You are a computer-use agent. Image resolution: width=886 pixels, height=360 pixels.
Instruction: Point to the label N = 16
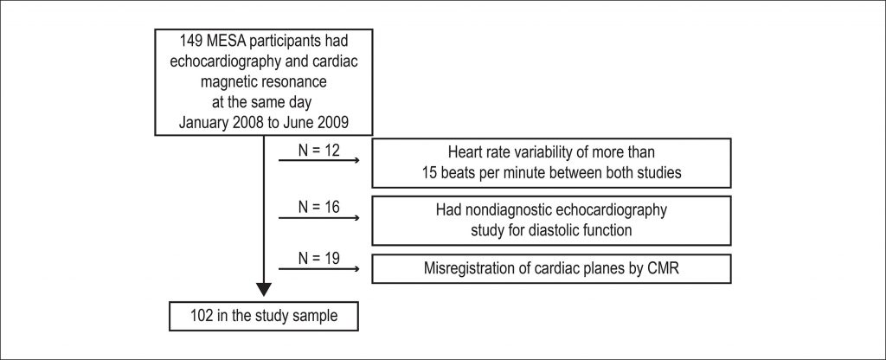click(x=319, y=208)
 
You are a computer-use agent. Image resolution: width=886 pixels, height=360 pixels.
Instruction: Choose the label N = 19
click(x=319, y=258)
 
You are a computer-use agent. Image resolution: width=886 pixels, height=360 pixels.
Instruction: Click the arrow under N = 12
click(x=319, y=160)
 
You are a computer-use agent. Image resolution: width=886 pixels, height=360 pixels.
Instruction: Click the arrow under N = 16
click(x=319, y=217)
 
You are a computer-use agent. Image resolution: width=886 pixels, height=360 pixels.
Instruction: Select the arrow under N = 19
click(x=319, y=268)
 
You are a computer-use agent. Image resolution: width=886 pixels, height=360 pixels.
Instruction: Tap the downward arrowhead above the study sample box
click(x=264, y=289)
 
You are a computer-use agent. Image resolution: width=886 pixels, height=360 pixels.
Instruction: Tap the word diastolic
click(x=536, y=231)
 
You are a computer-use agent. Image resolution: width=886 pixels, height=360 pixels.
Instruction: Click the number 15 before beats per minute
click(x=428, y=173)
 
